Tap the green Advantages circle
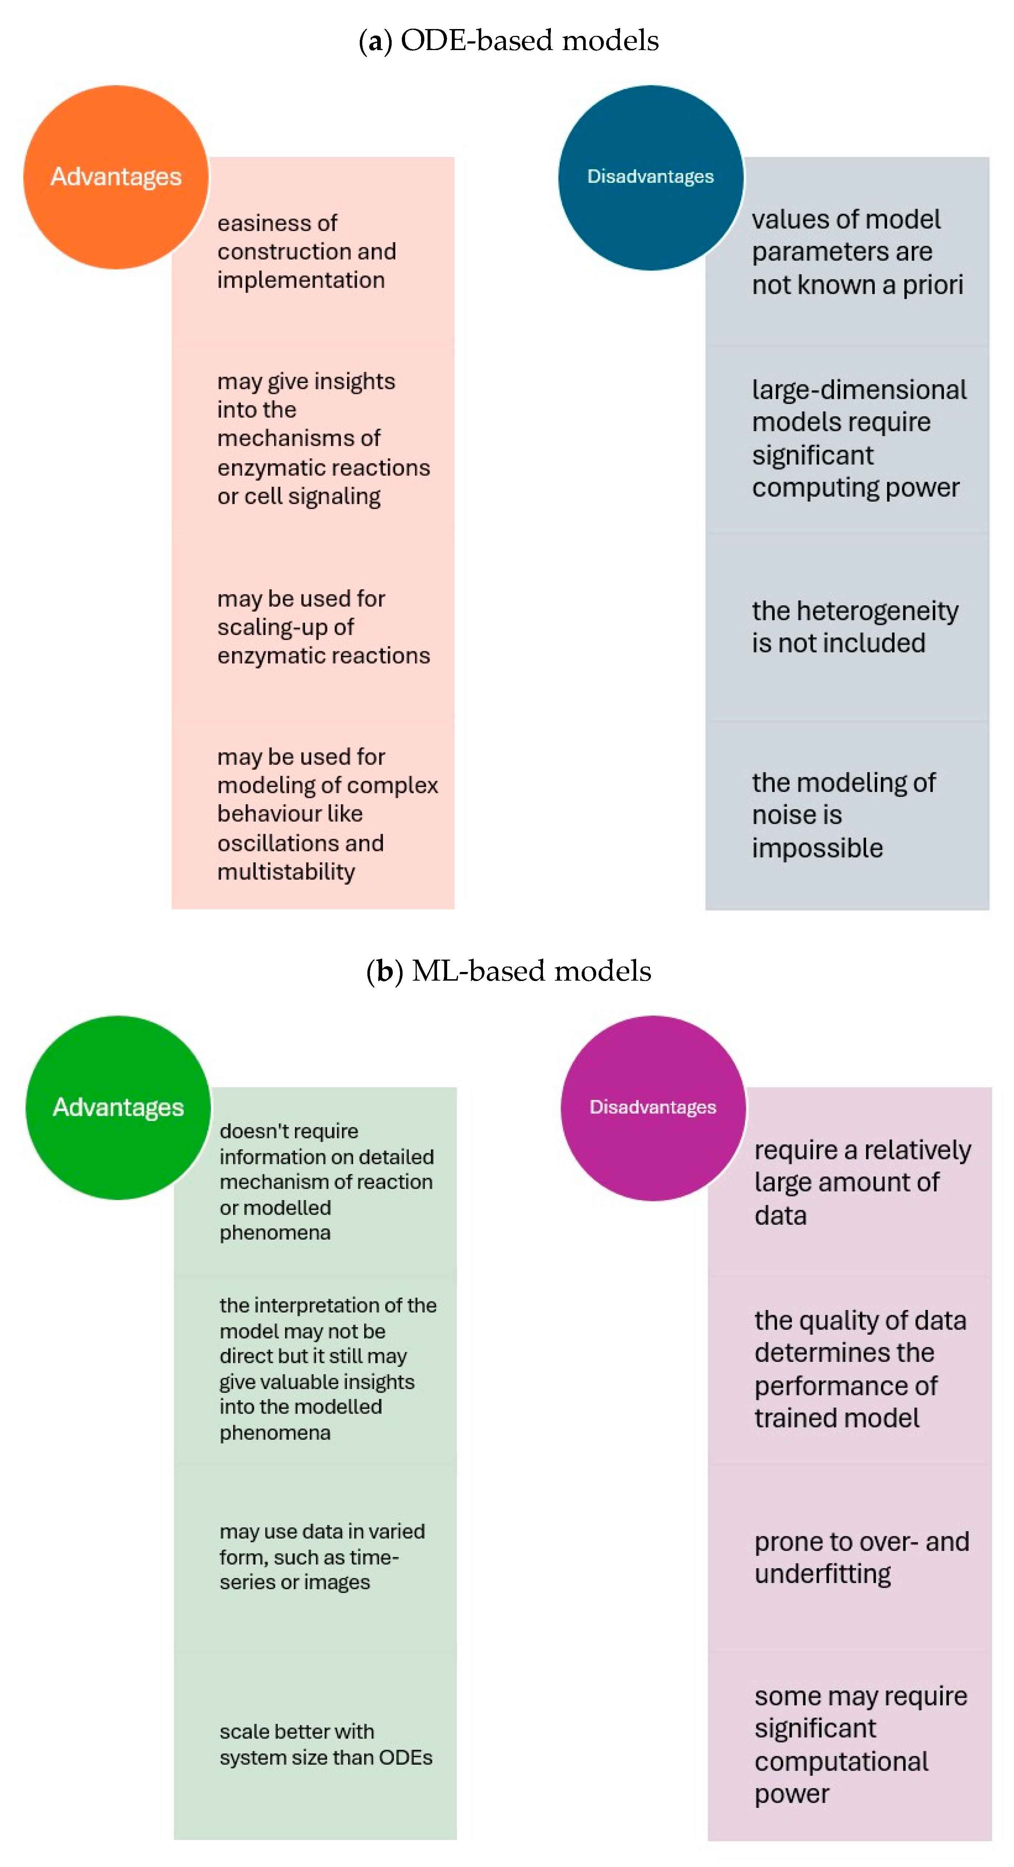pyautogui.click(x=118, y=1108)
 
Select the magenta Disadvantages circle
pyautogui.click(x=653, y=1108)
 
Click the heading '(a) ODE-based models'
pyautogui.click(x=509, y=41)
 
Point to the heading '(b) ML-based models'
pyautogui.click(x=509, y=971)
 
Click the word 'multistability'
pyautogui.click(x=286, y=872)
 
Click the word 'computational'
pyautogui.click(x=841, y=1761)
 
